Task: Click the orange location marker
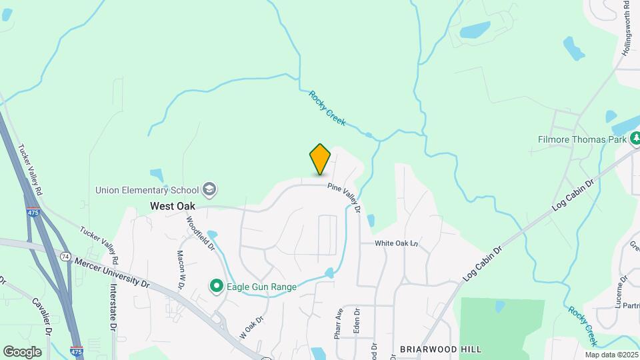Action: click(x=320, y=159)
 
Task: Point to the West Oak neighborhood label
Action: click(x=173, y=206)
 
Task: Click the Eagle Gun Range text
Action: click(x=261, y=287)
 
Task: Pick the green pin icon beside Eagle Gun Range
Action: click(x=217, y=287)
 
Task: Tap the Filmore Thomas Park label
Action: click(x=583, y=140)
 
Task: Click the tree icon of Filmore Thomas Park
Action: click(x=636, y=139)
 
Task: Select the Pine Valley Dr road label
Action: click(x=344, y=199)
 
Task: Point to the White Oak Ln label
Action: click(x=395, y=243)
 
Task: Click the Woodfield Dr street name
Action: click(x=201, y=233)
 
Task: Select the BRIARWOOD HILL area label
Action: click(x=441, y=349)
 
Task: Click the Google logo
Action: click(x=22, y=351)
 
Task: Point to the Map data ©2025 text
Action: click(x=612, y=355)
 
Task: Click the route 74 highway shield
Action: click(x=65, y=256)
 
